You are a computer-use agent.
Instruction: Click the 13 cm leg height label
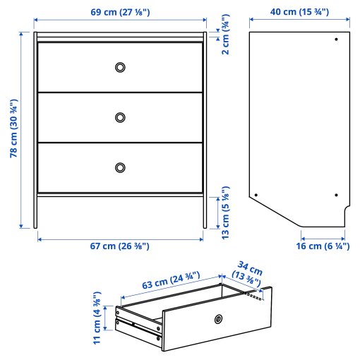(225, 212)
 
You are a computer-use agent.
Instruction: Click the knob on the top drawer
(120, 67)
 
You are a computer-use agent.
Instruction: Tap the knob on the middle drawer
(120, 116)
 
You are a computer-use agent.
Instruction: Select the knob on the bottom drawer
(120, 167)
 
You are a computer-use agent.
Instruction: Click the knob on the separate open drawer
(219, 319)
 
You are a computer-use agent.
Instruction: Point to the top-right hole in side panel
(336, 39)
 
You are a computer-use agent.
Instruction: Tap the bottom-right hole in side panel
(336, 195)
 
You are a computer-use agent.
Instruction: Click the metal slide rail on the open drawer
(138, 325)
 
